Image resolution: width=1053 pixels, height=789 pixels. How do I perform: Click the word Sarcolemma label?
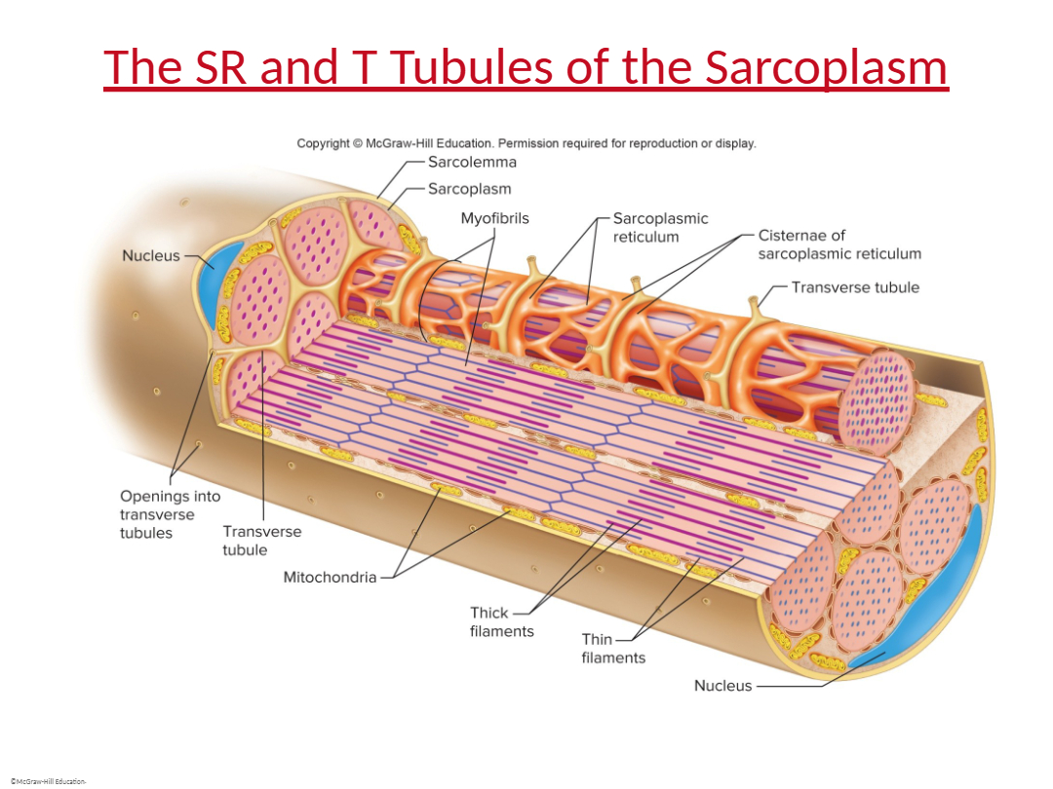point(472,162)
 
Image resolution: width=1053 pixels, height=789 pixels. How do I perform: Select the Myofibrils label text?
point(494,218)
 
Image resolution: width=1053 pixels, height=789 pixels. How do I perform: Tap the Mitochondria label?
point(330,577)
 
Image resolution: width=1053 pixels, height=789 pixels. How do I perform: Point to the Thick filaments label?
point(502,621)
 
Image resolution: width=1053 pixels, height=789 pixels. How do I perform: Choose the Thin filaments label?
point(613,648)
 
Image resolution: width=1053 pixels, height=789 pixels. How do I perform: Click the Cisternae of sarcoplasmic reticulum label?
point(839,244)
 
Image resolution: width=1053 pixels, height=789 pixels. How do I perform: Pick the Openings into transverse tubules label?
point(170,514)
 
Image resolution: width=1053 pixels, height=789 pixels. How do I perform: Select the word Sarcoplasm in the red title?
point(826,68)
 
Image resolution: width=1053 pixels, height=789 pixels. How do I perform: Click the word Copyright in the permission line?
point(323,143)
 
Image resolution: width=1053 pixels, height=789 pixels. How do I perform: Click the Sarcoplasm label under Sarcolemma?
point(469,189)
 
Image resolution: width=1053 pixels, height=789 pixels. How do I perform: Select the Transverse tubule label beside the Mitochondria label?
point(262,541)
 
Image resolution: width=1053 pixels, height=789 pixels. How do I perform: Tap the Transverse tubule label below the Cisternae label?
point(855,287)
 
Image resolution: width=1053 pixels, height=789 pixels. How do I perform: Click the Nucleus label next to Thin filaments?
point(722,686)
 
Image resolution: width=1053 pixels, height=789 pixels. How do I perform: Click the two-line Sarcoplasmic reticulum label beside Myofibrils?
point(660,227)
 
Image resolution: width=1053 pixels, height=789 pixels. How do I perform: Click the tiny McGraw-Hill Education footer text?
point(49,781)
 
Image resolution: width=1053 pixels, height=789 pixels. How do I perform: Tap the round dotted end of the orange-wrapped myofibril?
point(877,394)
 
